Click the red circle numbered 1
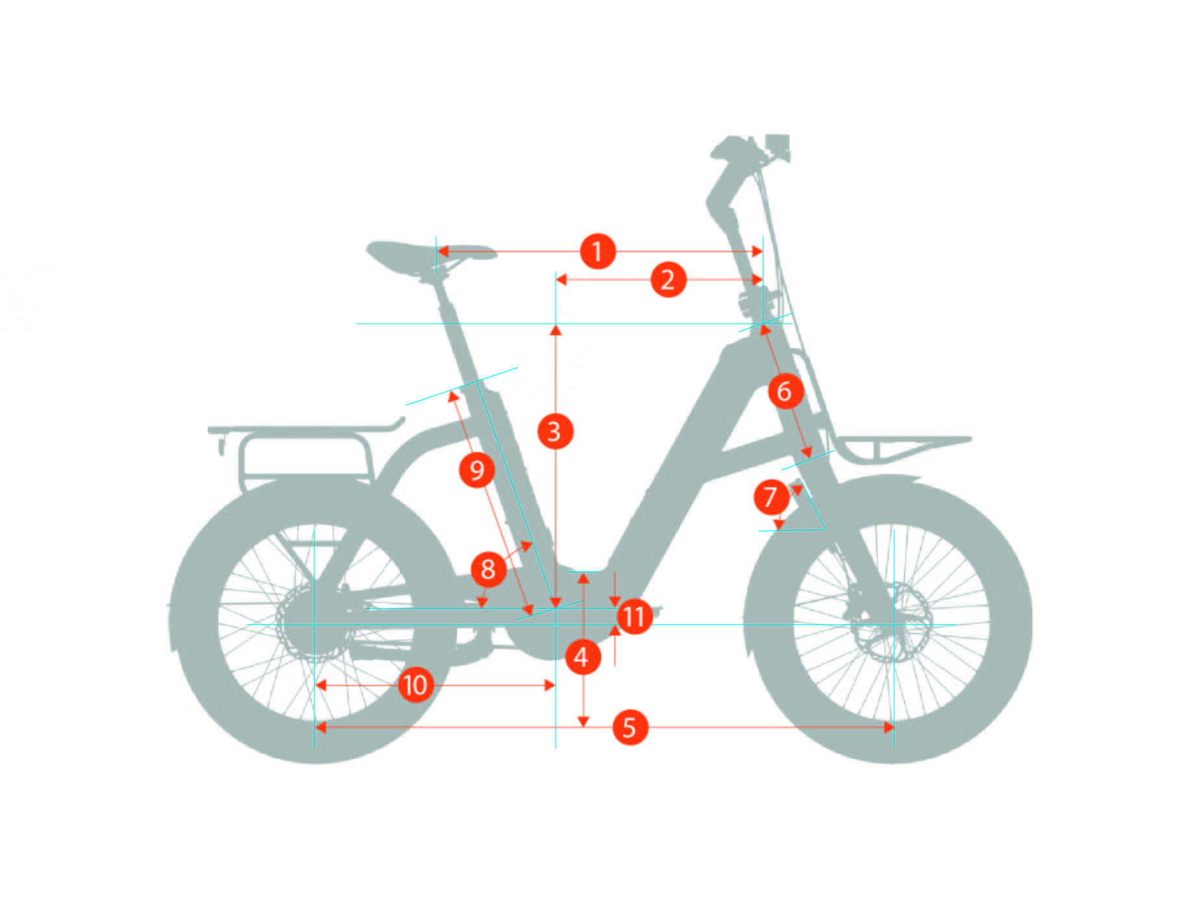pyautogui.click(x=597, y=251)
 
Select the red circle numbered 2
pyautogui.click(x=668, y=280)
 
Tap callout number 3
pyautogui.click(x=555, y=431)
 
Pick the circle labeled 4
pyautogui.click(x=582, y=657)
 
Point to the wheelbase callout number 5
pyautogui.click(x=630, y=727)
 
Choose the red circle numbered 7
pyautogui.click(x=771, y=498)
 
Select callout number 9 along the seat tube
pyautogui.click(x=477, y=470)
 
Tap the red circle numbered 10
pyautogui.click(x=416, y=685)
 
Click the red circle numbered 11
pyautogui.click(x=634, y=616)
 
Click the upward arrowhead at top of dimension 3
pyautogui.click(x=556, y=329)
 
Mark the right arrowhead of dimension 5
pyautogui.click(x=889, y=727)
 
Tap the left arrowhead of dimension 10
pyautogui.click(x=320, y=685)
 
